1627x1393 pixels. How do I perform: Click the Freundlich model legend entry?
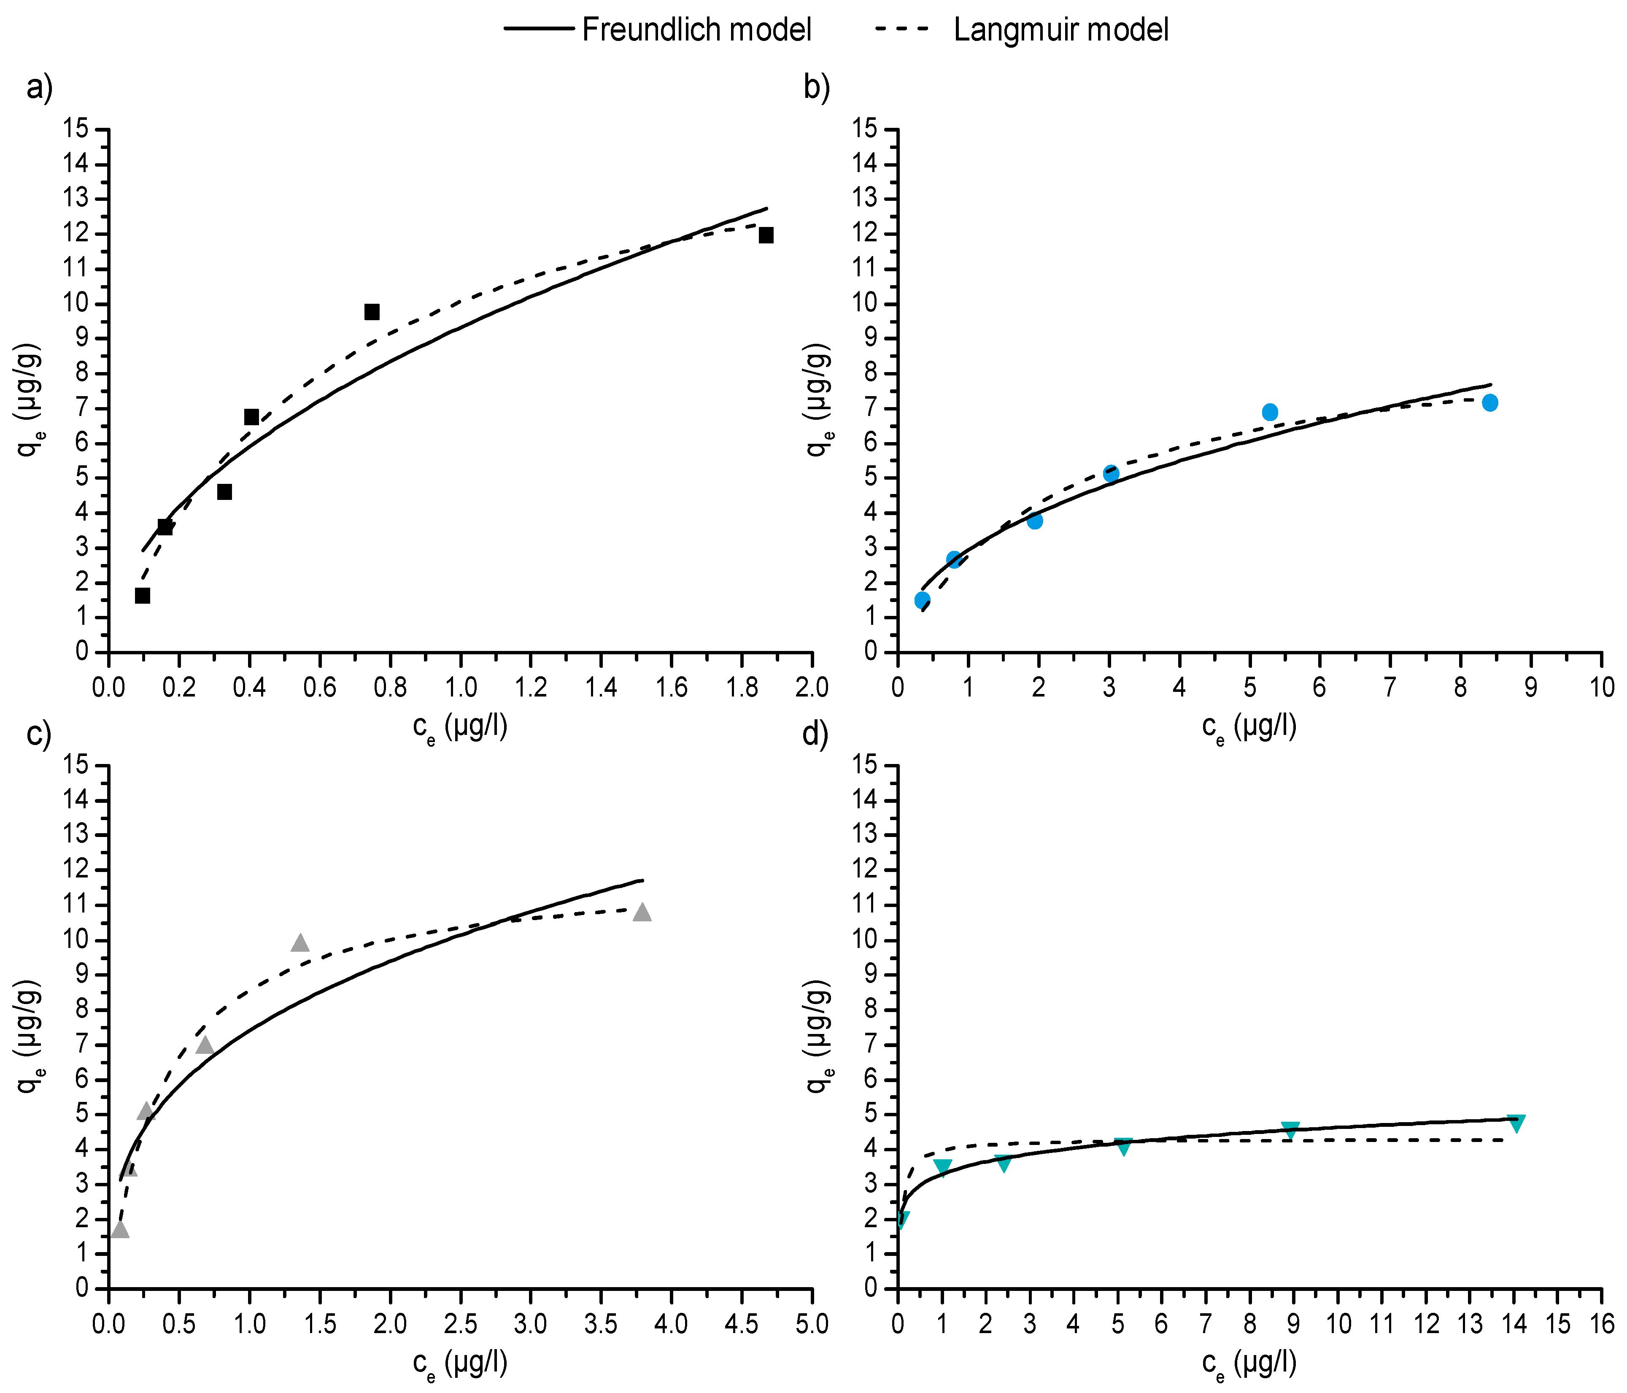(x=658, y=30)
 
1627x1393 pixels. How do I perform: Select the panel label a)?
(x=39, y=88)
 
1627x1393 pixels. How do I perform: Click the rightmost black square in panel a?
(x=766, y=235)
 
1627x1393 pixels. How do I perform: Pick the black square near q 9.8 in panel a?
(x=371, y=312)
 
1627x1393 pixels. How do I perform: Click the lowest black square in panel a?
(x=142, y=595)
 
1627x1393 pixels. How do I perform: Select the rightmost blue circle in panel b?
(x=1489, y=403)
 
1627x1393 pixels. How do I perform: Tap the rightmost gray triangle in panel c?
(x=642, y=912)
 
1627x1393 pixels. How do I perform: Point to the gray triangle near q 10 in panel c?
(x=300, y=943)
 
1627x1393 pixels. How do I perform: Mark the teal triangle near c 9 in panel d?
(x=1290, y=1130)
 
